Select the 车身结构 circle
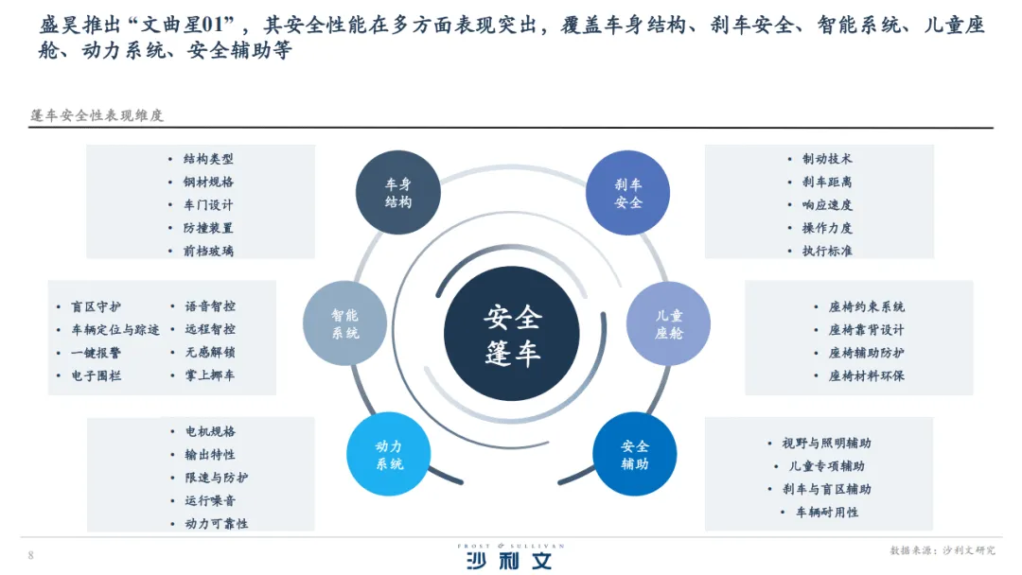(398, 193)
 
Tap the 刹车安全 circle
(628, 193)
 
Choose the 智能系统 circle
(344, 323)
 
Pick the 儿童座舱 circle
(669, 323)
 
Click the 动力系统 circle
(389, 455)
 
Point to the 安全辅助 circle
(635, 455)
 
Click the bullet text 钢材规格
(208, 182)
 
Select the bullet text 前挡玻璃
(208, 251)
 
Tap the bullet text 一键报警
(96, 353)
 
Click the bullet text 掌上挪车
(210, 375)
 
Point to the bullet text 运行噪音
(210, 500)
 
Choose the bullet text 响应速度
(827, 204)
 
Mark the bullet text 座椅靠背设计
(866, 330)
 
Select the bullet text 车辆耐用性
(826, 512)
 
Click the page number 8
(30, 555)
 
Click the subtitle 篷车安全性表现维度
(97, 115)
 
